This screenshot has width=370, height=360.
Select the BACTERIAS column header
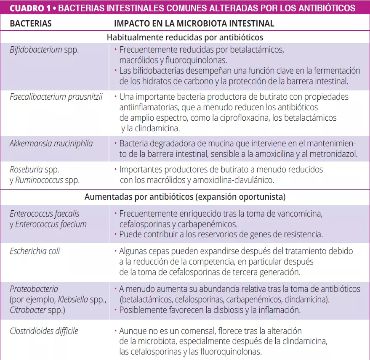(31, 24)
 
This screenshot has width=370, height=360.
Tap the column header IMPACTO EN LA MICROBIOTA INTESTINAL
(194, 24)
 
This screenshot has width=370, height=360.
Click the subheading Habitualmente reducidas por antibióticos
(185, 37)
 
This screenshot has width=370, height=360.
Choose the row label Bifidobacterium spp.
(44, 50)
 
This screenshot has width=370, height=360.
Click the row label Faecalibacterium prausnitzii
(56, 97)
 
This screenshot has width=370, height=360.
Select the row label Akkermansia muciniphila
(51, 143)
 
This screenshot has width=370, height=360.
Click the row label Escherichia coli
(35, 251)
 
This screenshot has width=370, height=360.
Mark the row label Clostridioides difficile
(44, 331)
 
